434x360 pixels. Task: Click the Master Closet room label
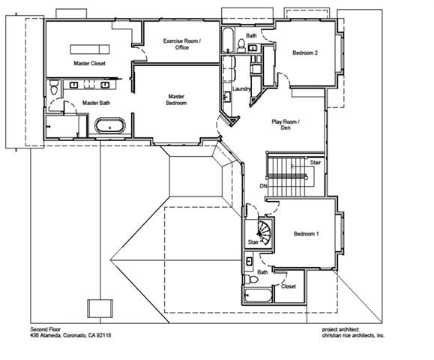point(89,64)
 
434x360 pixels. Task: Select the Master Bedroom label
point(176,99)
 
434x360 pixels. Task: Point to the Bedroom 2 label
point(305,53)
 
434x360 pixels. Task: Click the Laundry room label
point(241,89)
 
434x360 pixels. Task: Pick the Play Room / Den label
point(285,124)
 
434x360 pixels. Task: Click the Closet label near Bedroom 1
point(288,286)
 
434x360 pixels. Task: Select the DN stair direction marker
point(263,186)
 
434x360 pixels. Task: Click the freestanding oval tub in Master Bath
point(110,127)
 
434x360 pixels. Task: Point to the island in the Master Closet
point(91,49)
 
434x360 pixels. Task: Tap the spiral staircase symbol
point(262,227)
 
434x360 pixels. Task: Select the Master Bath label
point(96,103)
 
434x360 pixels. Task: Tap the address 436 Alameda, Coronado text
point(70,336)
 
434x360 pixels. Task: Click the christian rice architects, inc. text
point(349,336)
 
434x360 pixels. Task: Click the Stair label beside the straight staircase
point(316,162)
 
